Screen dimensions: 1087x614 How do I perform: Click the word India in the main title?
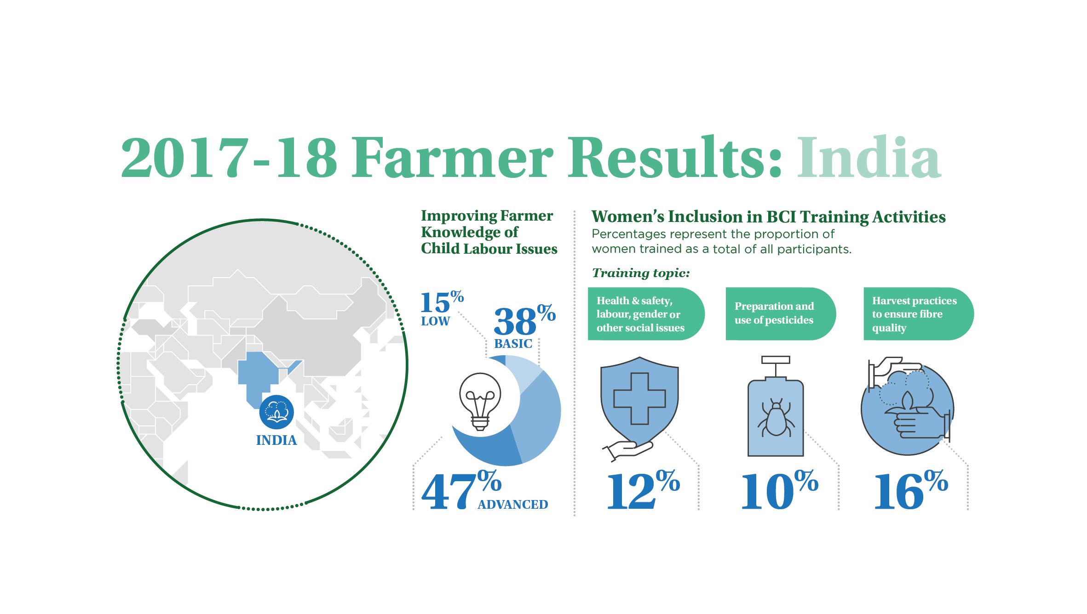[869, 157]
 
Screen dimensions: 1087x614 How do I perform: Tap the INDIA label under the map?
[276, 440]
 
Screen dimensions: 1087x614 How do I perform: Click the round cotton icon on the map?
[276, 412]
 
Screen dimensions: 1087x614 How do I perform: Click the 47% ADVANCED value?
[484, 491]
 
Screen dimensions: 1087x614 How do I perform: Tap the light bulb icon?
[480, 402]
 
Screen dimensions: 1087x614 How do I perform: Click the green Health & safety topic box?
[646, 314]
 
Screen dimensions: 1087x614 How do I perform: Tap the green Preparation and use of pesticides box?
[781, 314]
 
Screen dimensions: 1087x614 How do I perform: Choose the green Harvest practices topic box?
[919, 314]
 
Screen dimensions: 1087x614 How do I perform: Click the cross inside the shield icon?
[639, 398]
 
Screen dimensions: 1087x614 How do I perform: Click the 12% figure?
[643, 490]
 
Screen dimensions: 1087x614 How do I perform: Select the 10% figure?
[780, 490]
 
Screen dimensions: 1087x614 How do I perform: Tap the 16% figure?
[911, 490]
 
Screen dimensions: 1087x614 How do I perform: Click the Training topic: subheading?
[641, 273]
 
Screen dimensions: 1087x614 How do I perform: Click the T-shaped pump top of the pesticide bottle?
[776, 366]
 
